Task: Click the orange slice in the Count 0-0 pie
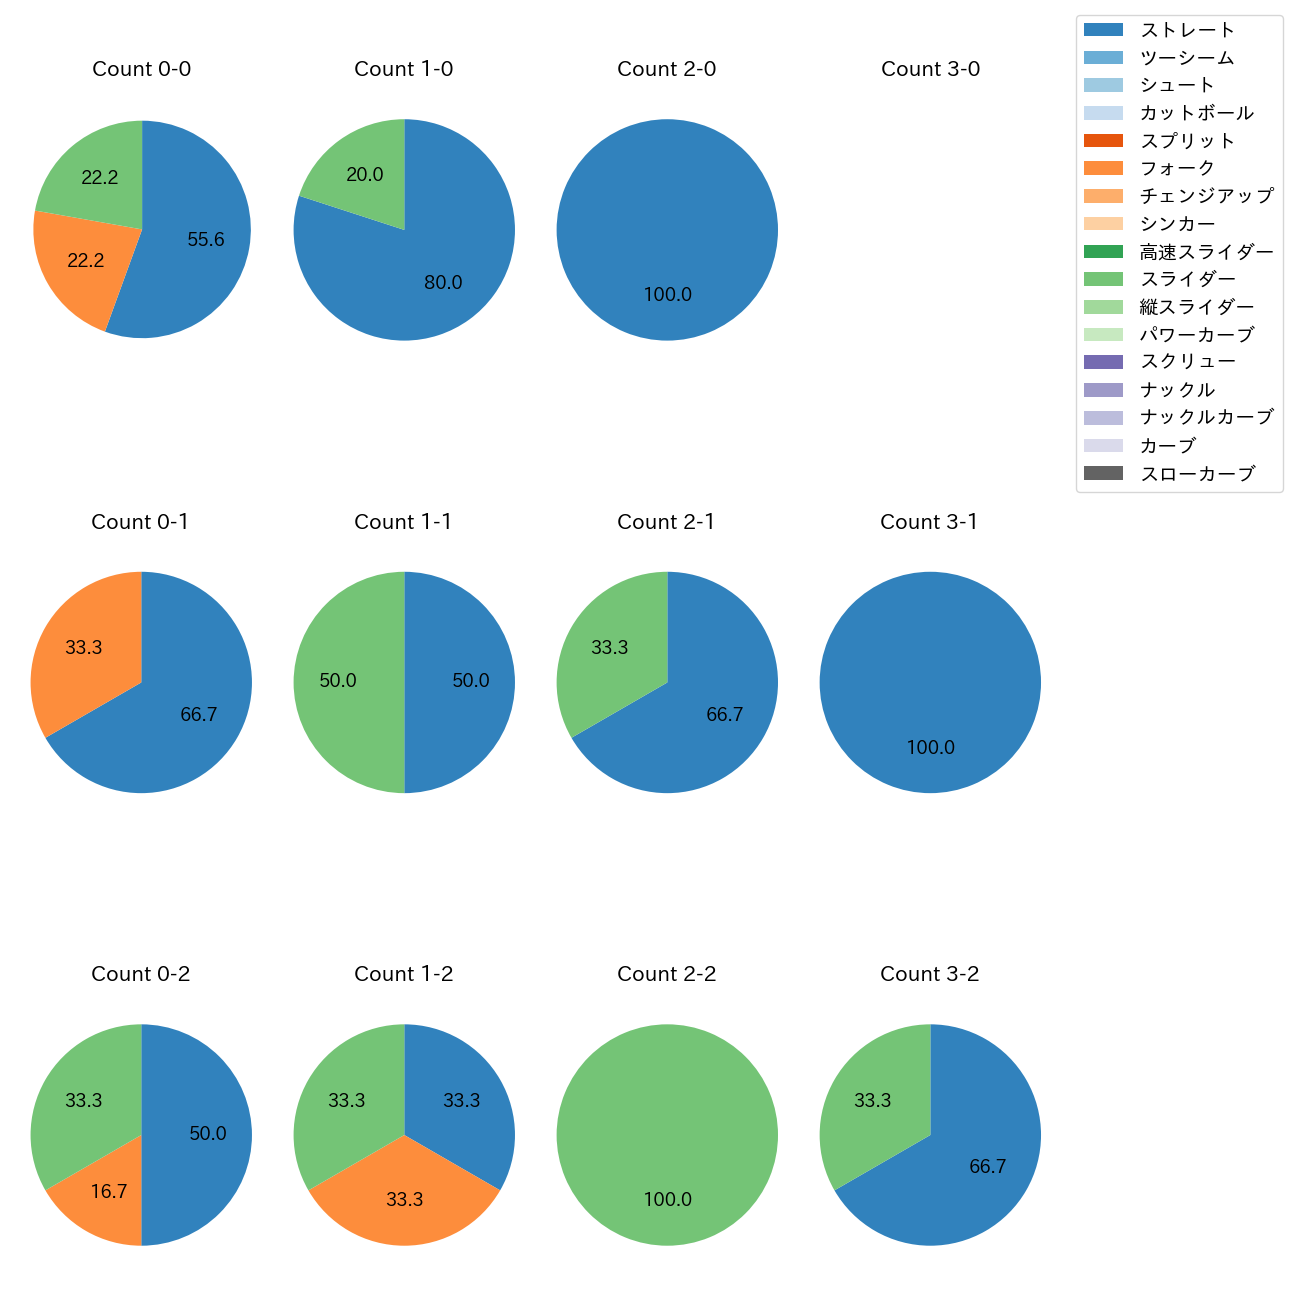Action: (85, 262)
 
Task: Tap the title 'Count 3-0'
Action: (930, 69)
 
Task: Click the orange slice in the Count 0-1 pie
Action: (84, 647)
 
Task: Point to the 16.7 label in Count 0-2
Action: (109, 1191)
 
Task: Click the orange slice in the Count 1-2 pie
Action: (404, 1199)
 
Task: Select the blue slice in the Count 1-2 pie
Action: (462, 1100)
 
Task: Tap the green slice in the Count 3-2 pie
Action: (873, 1100)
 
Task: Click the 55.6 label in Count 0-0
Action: (206, 239)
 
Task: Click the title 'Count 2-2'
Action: (667, 974)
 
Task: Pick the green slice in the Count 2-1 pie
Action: (610, 647)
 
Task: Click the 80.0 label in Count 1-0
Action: (443, 282)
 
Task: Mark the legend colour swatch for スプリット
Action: (1103, 140)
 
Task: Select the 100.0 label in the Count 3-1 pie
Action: (930, 747)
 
